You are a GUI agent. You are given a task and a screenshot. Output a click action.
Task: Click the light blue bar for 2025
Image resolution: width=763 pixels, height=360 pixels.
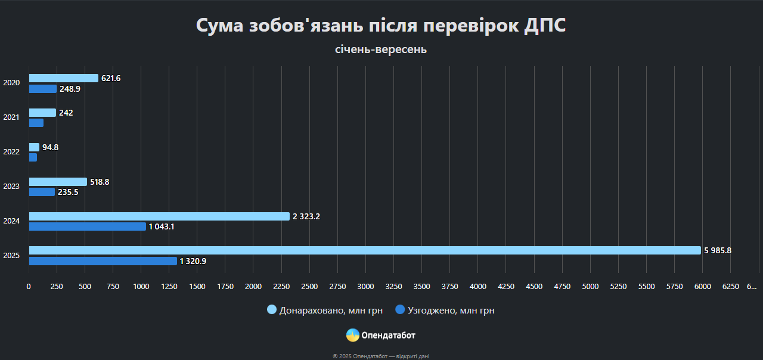point(365,250)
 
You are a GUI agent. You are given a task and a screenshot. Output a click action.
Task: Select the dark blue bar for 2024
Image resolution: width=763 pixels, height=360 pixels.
point(88,226)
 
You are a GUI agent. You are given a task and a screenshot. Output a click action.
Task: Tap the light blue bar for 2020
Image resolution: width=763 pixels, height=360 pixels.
point(64,78)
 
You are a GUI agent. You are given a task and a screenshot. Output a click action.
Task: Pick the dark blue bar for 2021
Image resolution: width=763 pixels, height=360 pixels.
point(36,123)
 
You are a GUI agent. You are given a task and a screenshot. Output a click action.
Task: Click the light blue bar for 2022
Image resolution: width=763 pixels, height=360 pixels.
point(34,147)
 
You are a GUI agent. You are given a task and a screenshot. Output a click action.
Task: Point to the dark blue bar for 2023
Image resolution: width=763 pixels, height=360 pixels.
point(42,192)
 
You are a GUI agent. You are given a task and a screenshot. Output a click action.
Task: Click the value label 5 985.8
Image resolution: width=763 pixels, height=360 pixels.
point(718,251)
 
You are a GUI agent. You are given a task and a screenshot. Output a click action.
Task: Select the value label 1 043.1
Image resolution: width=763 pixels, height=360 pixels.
point(162,226)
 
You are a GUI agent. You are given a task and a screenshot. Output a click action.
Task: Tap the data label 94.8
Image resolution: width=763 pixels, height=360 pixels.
point(50,147)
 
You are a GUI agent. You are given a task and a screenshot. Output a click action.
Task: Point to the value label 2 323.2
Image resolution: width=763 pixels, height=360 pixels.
point(306,216)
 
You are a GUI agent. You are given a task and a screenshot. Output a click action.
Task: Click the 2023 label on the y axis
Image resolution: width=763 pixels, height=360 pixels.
point(11,187)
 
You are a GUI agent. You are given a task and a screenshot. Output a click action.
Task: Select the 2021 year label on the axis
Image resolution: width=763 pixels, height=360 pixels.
point(11,117)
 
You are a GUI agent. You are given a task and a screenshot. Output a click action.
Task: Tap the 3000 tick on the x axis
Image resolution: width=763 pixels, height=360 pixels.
point(365,287)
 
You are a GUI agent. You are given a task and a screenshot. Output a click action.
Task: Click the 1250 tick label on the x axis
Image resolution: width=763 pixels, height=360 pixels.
point(169,287)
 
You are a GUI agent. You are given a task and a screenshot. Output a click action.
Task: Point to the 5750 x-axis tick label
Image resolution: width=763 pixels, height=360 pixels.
point(675,287)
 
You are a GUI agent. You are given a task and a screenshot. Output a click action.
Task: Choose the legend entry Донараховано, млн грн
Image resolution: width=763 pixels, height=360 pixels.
point(325,310)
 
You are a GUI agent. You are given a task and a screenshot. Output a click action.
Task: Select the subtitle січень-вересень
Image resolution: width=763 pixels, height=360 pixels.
point(381,49)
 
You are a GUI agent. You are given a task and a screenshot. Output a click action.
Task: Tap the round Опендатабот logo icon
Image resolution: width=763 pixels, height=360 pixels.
point(353,335)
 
